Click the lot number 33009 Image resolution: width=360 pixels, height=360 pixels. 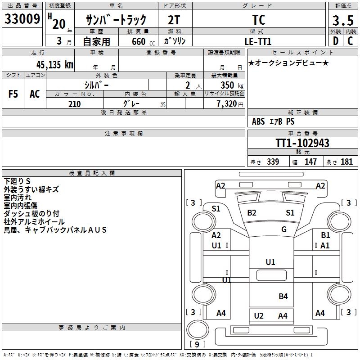tap(22, 19)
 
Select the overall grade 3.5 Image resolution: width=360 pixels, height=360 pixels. tap(342, 20)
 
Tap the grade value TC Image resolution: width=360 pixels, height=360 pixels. tap(259, 20)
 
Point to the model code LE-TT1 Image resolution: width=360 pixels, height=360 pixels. tap(258, 41)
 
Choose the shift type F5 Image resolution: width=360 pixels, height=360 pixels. tap(13, 94)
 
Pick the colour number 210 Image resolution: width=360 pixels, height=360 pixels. tap(74, 104)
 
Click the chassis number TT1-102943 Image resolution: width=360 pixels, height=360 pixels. tap(302, 143)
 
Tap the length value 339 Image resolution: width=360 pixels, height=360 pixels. tap(272, 162)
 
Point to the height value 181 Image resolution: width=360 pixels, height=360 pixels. tap(347, 162)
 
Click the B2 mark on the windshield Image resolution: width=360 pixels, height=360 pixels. tap(252, 213)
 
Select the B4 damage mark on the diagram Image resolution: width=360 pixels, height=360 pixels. tap(283, 296)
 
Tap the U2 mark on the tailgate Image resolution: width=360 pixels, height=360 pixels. tap(259, 315)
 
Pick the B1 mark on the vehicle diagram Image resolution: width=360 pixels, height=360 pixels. tap(325, 235)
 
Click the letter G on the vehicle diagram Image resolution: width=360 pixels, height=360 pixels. tap(284, 229)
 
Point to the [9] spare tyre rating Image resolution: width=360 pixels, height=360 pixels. tap(198, 345)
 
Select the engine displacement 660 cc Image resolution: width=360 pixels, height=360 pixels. tap(139, 41)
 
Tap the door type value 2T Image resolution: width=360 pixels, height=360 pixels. tap(175, 20)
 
